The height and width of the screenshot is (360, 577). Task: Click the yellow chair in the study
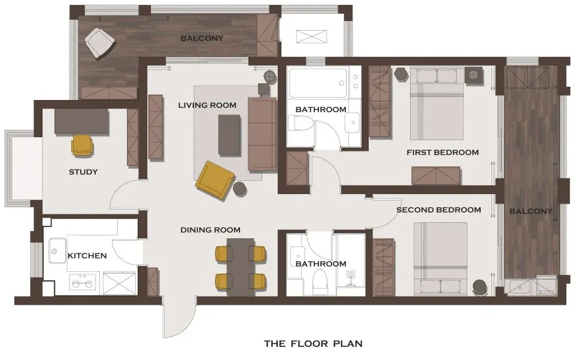point(82,146)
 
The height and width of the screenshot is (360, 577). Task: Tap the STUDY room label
point(83,172)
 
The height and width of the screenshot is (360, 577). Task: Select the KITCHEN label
point(87,255)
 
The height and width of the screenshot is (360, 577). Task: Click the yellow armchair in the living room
point(215,180)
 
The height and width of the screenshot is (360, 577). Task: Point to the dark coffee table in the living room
point(230,135)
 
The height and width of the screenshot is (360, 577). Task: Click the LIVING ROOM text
point(207,105)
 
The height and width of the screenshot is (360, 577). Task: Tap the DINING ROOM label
point(211,230)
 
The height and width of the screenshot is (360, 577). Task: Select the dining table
point(241,267)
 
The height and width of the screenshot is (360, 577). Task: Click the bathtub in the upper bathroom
point(318,83)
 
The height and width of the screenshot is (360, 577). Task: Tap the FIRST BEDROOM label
point(443,152)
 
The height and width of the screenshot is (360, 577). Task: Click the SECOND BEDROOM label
point(439,210)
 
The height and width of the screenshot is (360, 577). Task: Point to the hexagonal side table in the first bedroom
point(401,74)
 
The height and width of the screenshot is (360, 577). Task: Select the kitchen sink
point(57,250)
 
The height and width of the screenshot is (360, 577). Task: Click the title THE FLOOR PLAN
point(313,344)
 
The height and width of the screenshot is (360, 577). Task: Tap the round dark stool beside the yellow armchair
point(240,189)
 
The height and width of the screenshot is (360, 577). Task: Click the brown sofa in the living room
point(262,134)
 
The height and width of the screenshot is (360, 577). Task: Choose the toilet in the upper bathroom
point(301,123)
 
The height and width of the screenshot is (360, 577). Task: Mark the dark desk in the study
point(81,122)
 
